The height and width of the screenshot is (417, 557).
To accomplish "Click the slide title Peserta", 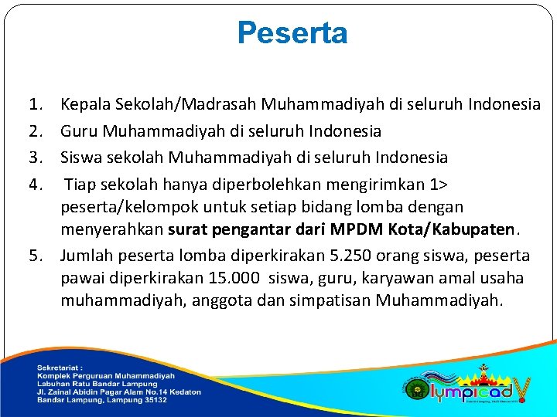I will coord(292,34).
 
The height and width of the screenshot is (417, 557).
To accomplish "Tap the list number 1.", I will coord(35,103).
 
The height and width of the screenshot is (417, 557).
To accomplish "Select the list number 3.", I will coord(35,158).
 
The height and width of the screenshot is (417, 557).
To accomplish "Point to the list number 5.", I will coord(35,256).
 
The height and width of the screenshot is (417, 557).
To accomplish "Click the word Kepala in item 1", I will coord(84,103).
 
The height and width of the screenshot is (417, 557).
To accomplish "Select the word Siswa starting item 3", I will coord(82,158).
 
